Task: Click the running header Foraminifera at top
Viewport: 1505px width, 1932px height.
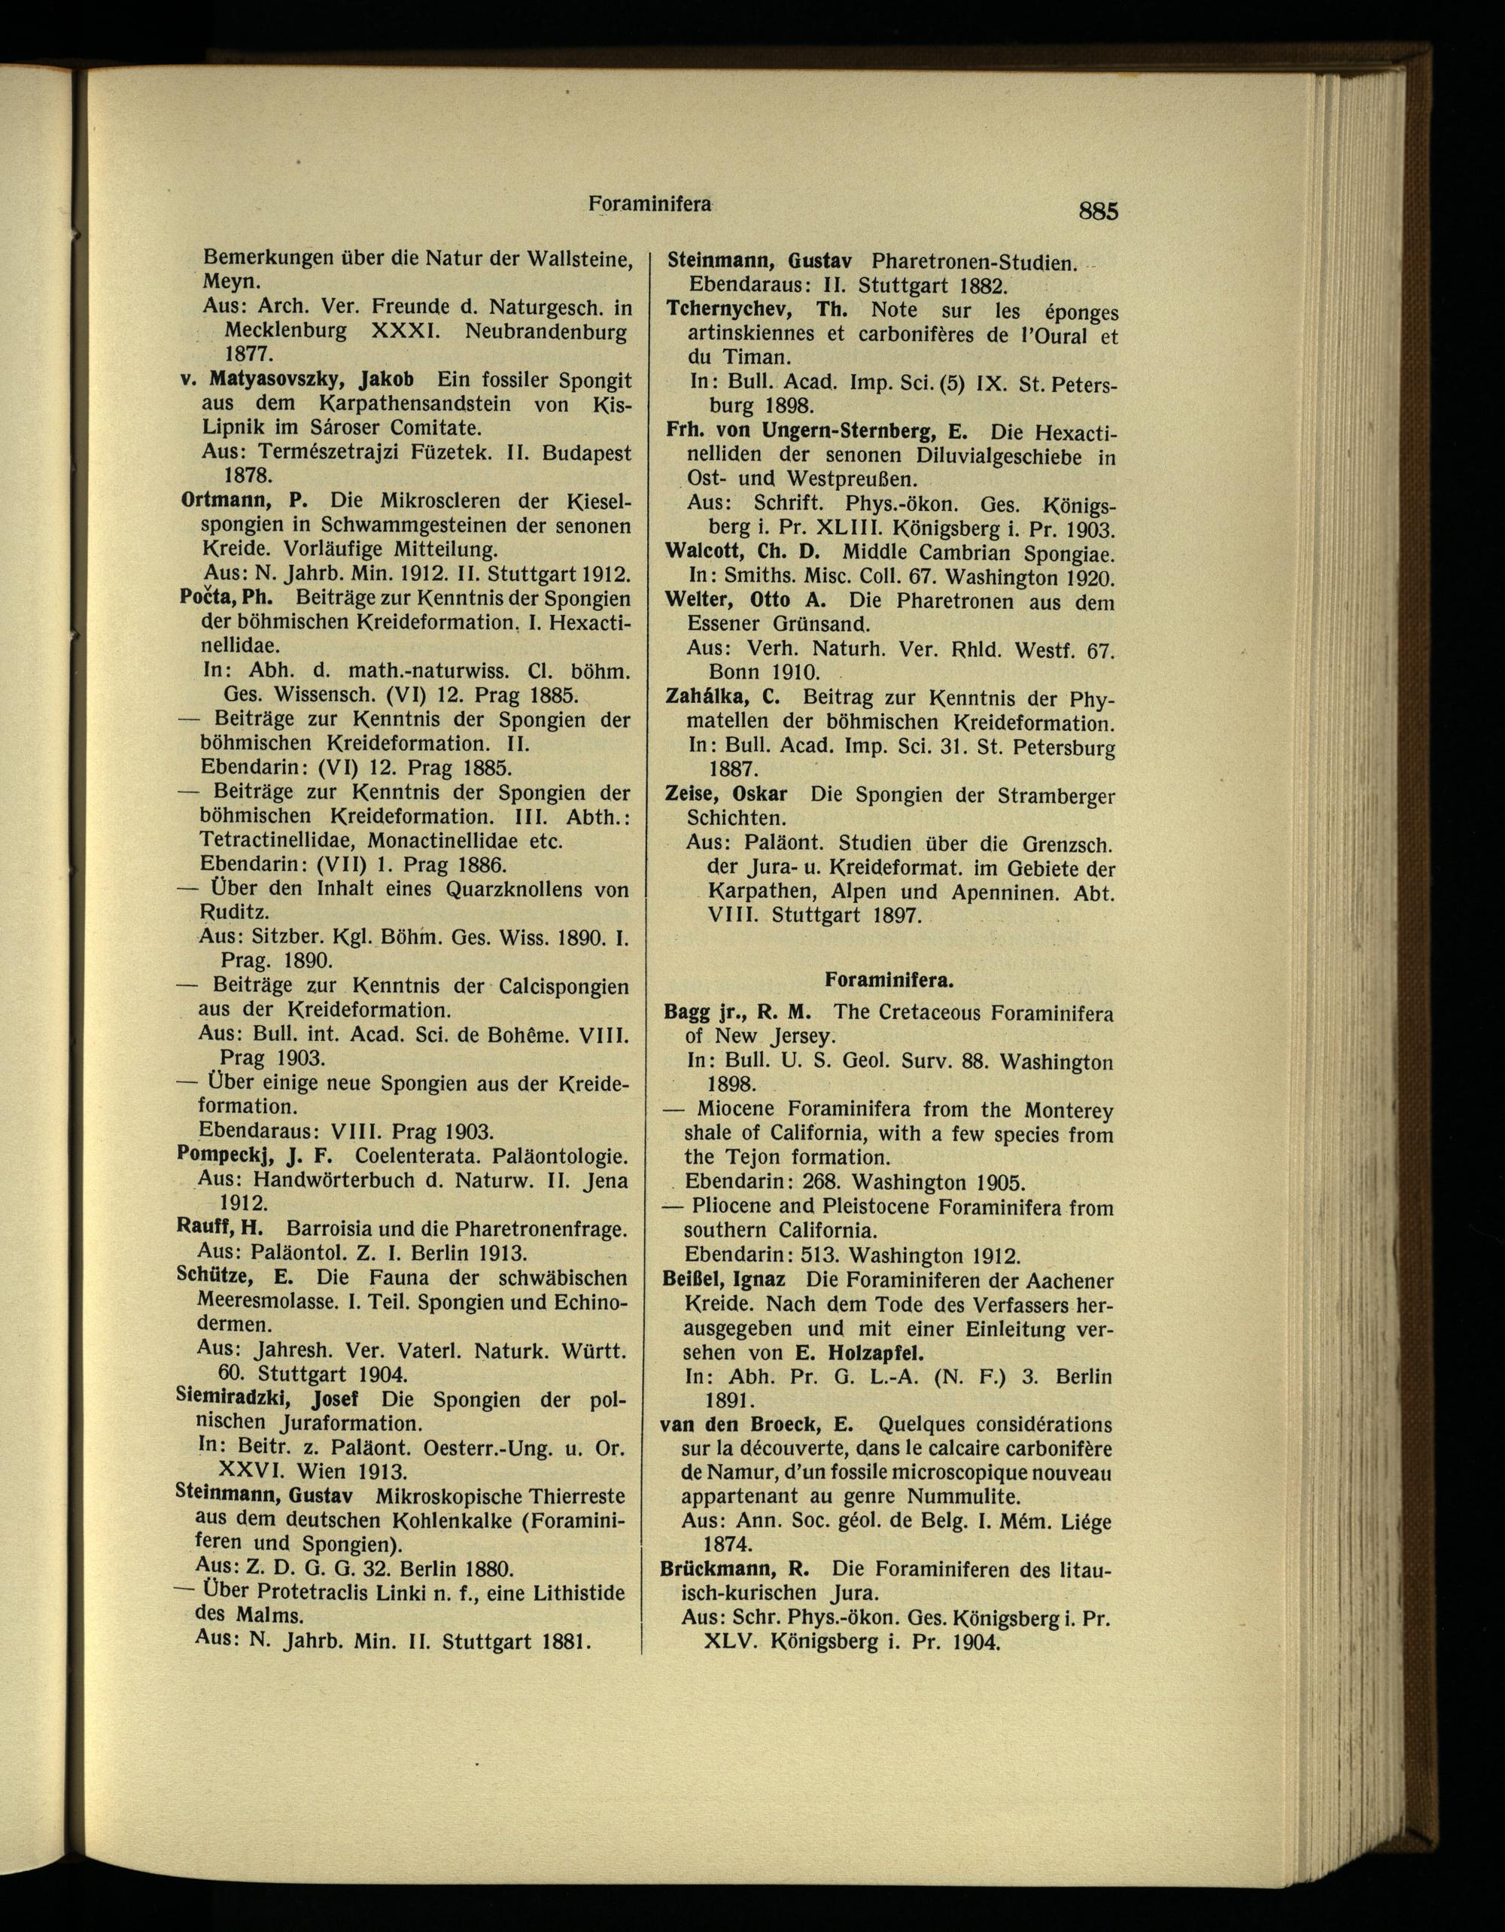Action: pyautogui.click(x=650, y=203)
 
